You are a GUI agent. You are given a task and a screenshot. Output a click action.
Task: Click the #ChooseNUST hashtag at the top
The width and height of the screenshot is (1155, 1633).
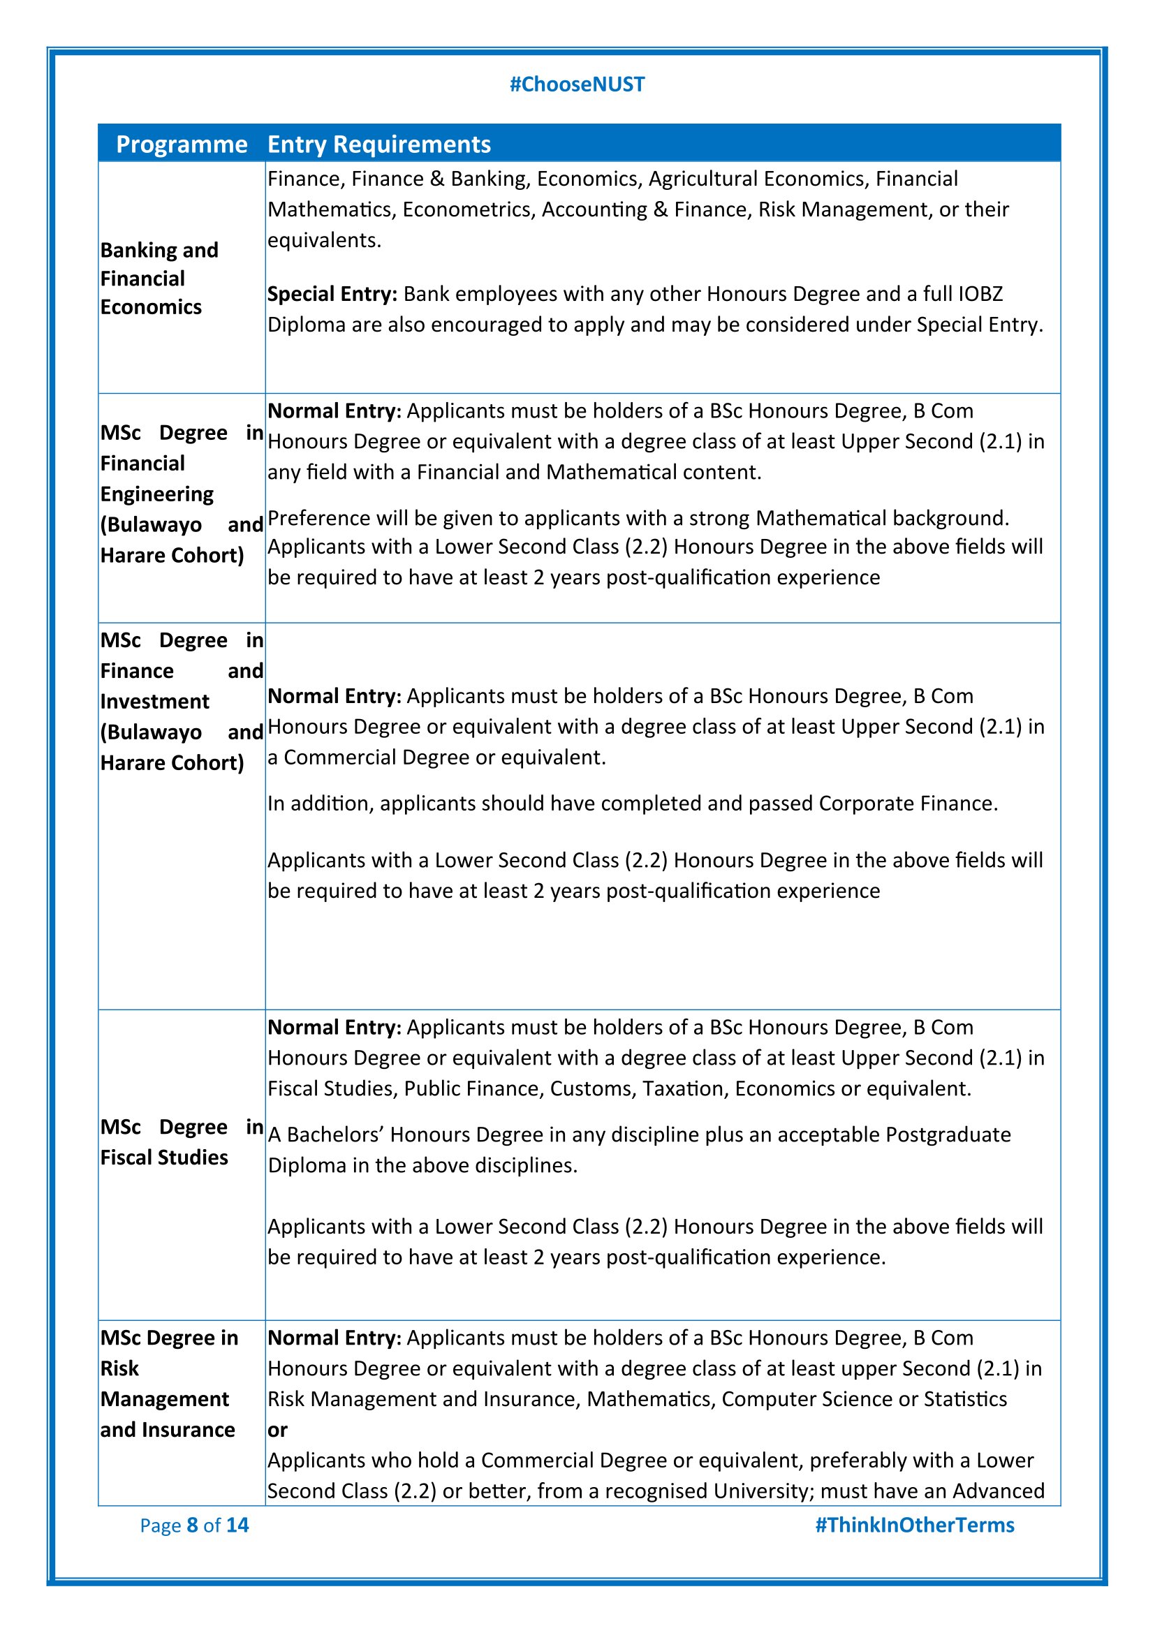[577, 84]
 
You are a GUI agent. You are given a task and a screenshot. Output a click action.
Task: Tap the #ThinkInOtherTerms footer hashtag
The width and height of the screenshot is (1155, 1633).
[914, 1525]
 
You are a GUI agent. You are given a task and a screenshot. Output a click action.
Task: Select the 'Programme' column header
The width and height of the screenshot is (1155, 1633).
[182, 145]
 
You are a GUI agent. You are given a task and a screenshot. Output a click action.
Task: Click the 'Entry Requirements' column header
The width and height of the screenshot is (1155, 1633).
[379, 145]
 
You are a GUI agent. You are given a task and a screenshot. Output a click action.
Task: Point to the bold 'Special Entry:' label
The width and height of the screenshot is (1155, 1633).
[332, 294]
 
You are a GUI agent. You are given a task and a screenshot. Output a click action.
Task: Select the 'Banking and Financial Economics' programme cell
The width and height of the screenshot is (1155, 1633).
[159, 279]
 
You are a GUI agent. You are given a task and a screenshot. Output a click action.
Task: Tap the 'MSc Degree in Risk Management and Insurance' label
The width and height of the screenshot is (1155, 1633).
[168, 1383]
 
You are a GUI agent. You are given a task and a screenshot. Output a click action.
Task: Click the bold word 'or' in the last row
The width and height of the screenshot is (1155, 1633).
[277, 1430]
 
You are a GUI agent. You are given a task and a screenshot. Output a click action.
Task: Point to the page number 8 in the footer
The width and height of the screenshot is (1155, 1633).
[192, 1525]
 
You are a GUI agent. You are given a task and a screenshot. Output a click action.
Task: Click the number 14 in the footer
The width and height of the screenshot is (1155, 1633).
[237, 1525]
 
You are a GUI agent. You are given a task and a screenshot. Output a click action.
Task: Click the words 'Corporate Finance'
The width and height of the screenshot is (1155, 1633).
[908, 803]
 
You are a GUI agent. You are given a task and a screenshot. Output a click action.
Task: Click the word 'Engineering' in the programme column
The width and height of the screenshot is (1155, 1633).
[156, 494]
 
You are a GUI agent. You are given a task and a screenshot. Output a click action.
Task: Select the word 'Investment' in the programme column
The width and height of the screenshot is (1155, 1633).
[154, 702]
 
